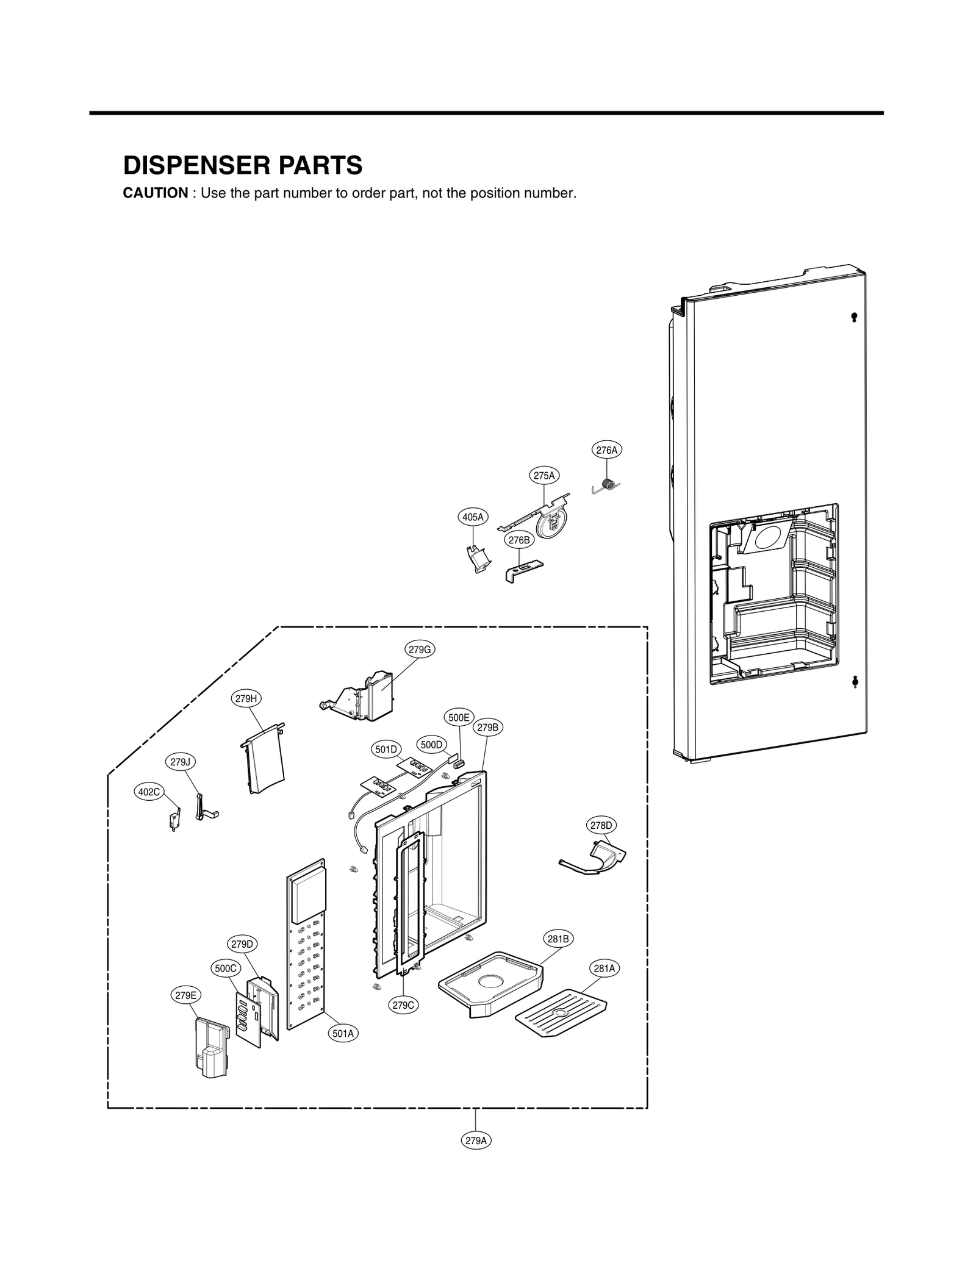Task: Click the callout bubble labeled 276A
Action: [x=606, y=450]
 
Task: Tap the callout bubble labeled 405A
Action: [x=473, y=517]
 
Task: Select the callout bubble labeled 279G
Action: [x=420, y=650]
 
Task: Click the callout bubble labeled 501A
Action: [x=343, y=1033]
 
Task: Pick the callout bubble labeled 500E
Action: [x=459, y=718]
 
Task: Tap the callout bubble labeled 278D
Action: [x=601, y=825]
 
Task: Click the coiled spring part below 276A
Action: [x=608, y=484]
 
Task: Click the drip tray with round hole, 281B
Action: [x=491, y=982]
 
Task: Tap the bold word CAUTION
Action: [x=156, y=193]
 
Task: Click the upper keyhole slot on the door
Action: [x=854, y=317]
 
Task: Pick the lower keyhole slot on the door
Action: [x=854, y=681]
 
